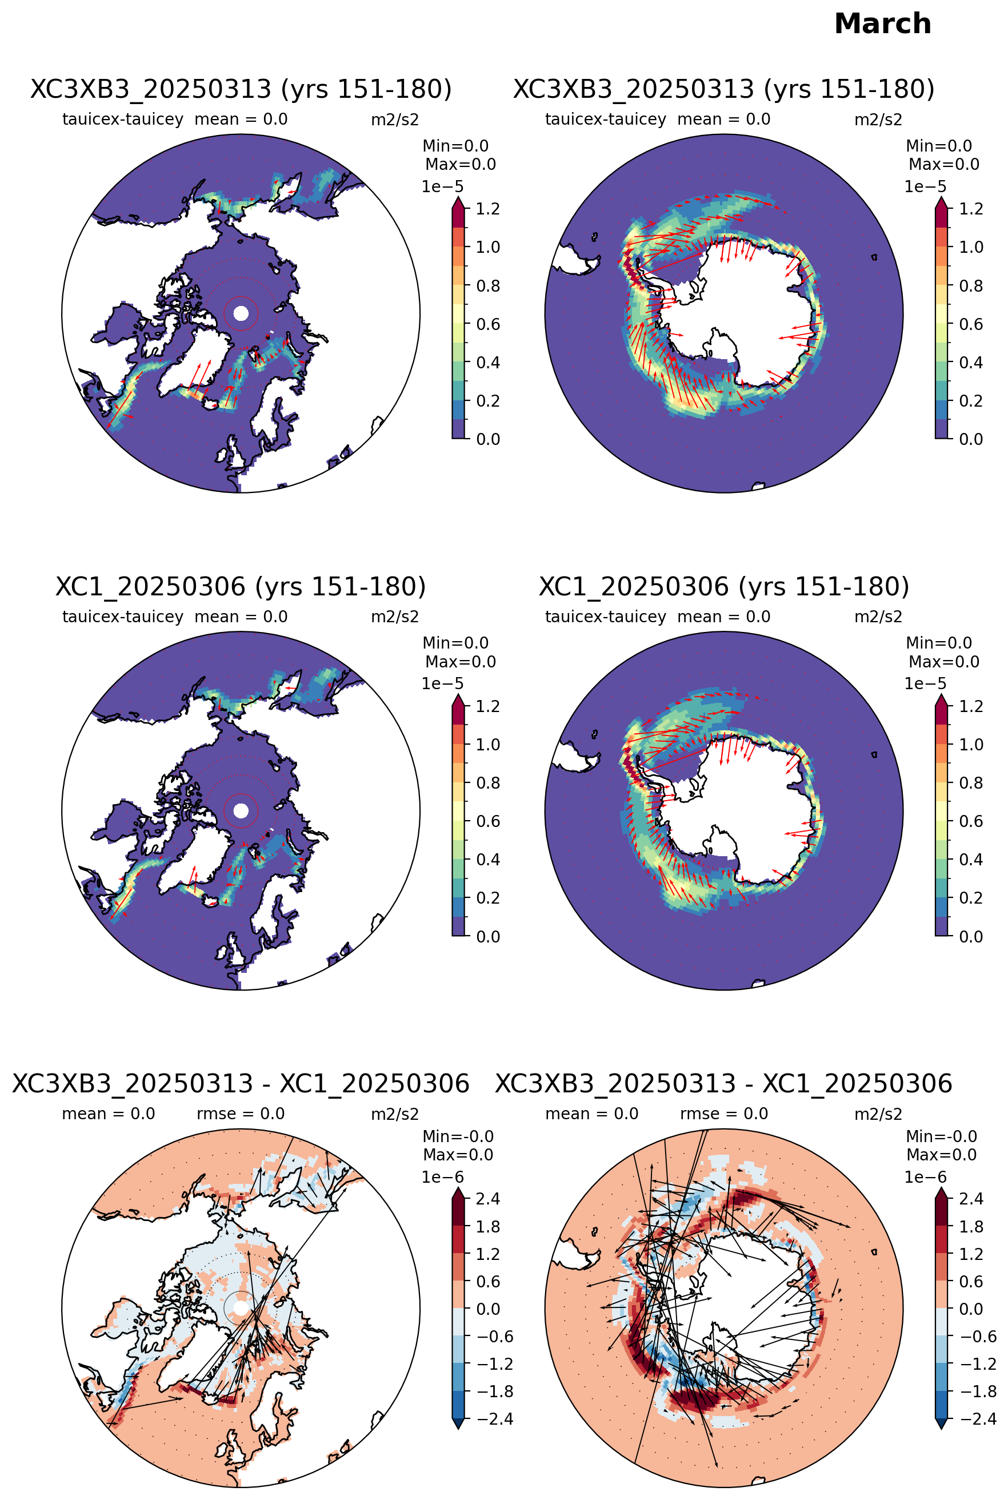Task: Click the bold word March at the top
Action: click(882, 24)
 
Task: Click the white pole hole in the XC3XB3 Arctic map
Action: click(241, 313)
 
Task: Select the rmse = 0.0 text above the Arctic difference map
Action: click(241, 1114)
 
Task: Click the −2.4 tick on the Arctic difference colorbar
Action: click(494, 1418)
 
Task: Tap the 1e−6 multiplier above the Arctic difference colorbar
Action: click(442, 1176)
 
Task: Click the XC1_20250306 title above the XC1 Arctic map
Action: click(241, 587)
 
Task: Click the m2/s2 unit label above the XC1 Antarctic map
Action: click(878, 617)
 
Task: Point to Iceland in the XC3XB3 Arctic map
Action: click(211, 403)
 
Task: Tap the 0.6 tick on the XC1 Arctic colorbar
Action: click(488, 821)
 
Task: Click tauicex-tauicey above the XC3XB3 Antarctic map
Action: click(606, 120)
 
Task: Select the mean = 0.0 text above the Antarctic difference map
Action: click(591, 1114)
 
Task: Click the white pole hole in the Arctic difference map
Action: click(241, 1308)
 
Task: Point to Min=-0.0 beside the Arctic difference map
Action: click(458, 1136)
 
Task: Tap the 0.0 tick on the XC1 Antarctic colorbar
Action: click(971, 936)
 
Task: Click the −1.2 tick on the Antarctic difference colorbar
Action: click(978, 1363)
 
